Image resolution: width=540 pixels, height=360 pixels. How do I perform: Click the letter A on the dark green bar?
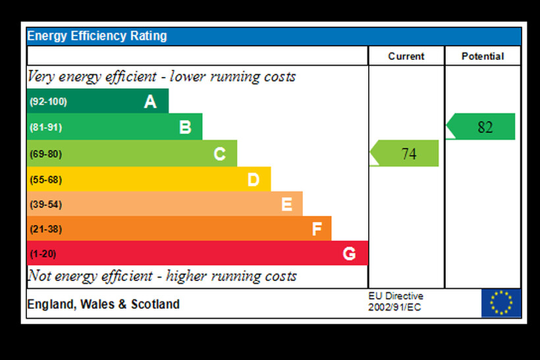point(150,102)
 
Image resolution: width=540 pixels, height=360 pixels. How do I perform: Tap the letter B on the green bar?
point(185,127)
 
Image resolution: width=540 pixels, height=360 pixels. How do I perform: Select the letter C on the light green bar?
point(219,154)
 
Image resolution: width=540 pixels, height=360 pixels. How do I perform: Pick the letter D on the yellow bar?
point(253,179)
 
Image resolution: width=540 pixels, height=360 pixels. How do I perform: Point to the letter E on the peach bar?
point(286,204)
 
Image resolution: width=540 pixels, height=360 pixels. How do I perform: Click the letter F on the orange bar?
point(317,229)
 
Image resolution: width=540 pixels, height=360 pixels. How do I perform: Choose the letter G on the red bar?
point(349,253)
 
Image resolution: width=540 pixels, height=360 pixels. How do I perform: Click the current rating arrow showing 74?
point(405,153)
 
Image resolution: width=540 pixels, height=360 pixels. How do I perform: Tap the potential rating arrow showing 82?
point(481,127)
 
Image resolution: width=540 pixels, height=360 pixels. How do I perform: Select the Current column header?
point(406,57)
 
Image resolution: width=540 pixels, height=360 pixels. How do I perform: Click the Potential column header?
point(483,57)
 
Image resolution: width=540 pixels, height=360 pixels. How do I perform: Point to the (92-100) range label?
point(48,102)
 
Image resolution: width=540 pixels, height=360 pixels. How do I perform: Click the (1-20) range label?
point(43,253)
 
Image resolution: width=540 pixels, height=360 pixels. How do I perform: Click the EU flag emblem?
point(500,303)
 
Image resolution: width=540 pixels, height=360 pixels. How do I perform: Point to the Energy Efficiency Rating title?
point(97,36)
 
